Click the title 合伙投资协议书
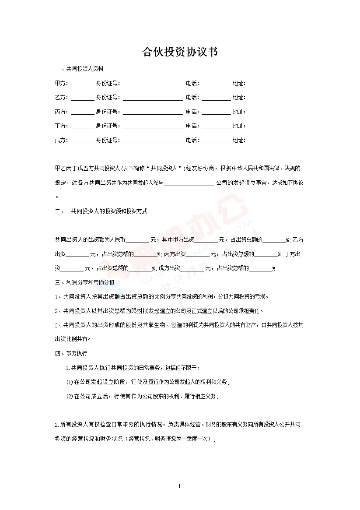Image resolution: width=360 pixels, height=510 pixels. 180,53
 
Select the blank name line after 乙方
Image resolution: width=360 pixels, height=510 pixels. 82,98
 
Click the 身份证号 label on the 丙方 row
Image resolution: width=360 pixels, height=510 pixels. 107,112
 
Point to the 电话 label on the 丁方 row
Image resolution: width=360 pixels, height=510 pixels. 192,126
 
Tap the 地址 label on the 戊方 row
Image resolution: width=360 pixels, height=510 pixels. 238,141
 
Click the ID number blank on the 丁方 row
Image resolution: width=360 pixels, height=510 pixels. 153,127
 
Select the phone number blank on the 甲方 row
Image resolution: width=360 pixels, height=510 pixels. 216,84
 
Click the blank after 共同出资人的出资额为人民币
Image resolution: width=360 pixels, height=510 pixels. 137,240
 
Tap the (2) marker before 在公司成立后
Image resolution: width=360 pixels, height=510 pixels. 70,397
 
